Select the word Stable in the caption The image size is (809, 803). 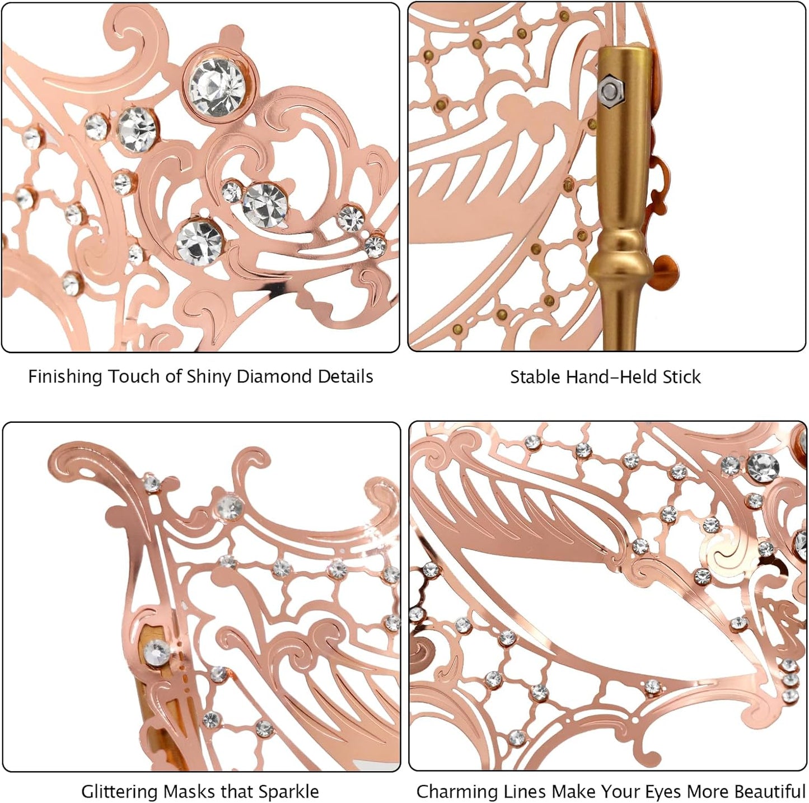(x=535, y=376)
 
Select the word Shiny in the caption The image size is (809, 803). (x=209, y=376)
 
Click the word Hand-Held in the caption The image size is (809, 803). (x=612, y=376)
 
